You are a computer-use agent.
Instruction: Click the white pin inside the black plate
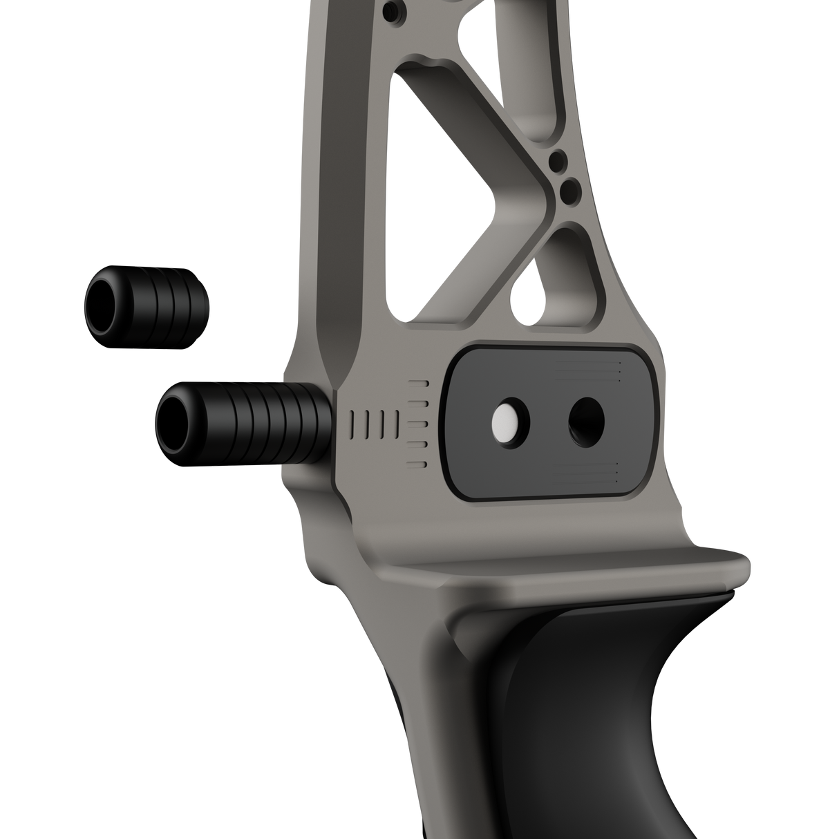505,421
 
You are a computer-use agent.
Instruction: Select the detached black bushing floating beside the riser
147,304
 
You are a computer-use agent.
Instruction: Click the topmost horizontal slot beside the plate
419,381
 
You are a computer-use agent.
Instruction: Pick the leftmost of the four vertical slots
354,422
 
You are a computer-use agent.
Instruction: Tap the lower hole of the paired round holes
571,188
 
